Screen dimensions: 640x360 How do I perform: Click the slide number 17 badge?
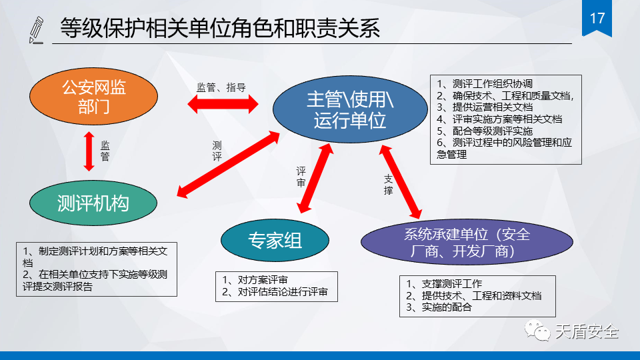pos(597,19)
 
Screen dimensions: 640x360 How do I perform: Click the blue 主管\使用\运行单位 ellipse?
pos(349,110)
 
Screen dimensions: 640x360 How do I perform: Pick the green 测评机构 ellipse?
pos(93,203)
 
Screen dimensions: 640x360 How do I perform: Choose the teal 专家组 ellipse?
pos(275,240)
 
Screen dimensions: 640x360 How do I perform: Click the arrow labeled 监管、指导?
pos(223,104)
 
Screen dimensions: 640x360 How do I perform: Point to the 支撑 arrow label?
pos(388,184)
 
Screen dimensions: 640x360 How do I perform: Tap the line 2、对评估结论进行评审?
pos(275,291)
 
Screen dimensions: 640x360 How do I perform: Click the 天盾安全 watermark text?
pos(587,331)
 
